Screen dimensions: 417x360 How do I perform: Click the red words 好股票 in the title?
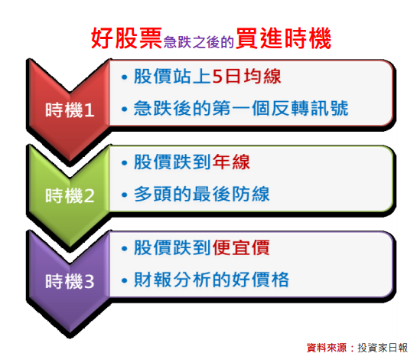[x=126, y=38]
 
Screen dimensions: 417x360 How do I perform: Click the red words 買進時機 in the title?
[x=284, y=38]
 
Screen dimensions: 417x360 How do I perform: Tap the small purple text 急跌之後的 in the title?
[x=199, y=42]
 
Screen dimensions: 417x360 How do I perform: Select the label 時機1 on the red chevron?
[x=70, y=110]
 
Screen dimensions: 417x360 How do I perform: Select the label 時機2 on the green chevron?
[x=70, y=195]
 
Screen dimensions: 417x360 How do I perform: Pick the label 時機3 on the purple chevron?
[x=70, y=281]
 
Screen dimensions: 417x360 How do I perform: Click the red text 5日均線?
[x=246, y=77]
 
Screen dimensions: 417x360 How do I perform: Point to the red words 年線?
[x=231, y=162]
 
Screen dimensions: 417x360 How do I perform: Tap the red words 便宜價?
[x=241, y=247]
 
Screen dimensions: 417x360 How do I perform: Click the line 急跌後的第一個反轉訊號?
[x=241, y=108]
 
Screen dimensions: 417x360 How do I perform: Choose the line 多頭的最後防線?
[x=201, y=194]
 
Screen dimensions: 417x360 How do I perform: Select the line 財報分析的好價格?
[x=211, y=280]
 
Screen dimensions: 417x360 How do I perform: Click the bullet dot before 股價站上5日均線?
[x=124, y=77]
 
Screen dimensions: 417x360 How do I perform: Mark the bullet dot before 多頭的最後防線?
[x=124, y=195]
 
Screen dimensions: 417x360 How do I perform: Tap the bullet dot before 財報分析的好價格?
[x=124, y=280]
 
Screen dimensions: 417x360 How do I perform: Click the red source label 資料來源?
[x=327, y=348]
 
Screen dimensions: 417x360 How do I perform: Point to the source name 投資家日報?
[x=383, y=348]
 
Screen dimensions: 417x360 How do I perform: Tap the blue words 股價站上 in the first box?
[x=173, y=77]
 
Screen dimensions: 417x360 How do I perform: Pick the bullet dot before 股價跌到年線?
[x=124, y=162]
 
